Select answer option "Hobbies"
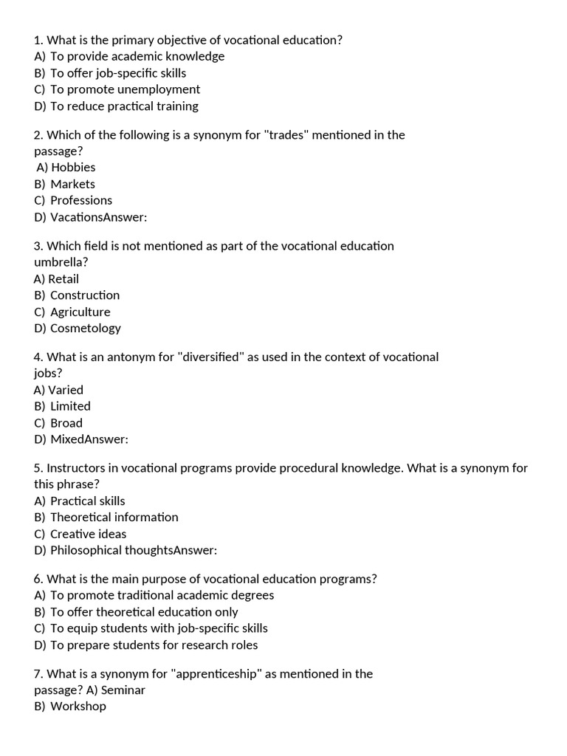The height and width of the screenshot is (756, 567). pos(73,168)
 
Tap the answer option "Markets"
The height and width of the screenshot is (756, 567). pos(72,184)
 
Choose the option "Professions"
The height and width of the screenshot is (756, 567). pos(81,200)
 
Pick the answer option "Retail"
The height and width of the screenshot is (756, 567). pos(63,279)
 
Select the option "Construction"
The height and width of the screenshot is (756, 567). pos(85,295)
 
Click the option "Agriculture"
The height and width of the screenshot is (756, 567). pos(80,312)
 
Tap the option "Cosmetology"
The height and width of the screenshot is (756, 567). pos(85,328)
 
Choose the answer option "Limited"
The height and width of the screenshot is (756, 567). pos(70,406)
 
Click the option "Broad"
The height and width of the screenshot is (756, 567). pos(66,423)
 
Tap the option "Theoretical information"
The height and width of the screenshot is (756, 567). pos(114,517)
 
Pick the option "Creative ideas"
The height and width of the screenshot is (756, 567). pos(89,534)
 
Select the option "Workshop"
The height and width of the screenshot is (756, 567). pos(78,707)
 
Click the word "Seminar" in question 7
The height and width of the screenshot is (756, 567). pos(123,690)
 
